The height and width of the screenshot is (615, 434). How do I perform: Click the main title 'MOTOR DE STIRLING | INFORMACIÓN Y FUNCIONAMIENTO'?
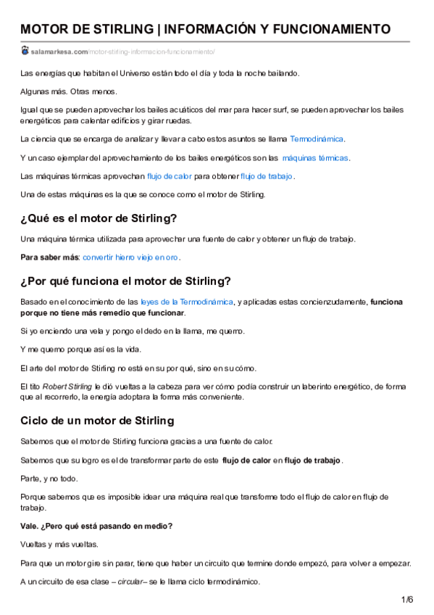point(205,29)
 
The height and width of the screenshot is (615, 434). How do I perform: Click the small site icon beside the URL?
point(25,51)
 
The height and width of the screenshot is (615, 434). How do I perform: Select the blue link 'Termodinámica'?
point(317,139)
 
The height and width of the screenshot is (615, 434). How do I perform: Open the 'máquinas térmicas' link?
point(315,157)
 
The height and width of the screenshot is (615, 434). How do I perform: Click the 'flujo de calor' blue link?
point(169,176)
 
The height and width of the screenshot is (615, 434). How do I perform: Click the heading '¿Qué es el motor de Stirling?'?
point(99,218)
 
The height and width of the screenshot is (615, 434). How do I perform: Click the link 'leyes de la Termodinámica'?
point(187,302)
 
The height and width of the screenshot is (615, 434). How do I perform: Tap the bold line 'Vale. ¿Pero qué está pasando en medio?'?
point(96,526)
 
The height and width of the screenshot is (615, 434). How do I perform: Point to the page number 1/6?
point(406,599)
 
